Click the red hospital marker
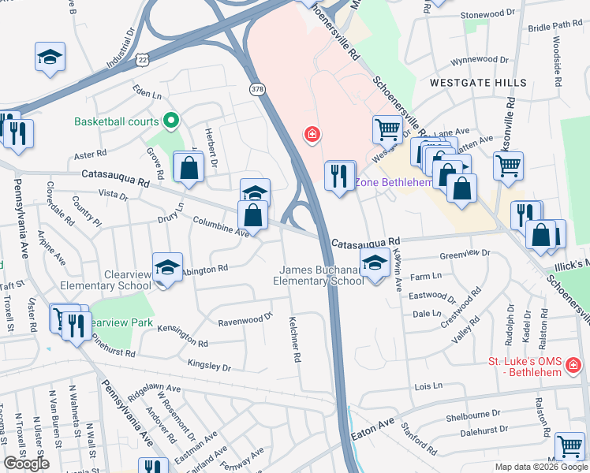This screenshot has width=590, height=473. (x=312, y=135)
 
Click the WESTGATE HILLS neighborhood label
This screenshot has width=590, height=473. (x=466, y=82)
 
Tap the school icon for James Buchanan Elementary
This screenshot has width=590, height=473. (x=375, y=265)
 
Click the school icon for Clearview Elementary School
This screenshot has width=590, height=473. (x=167, y=268)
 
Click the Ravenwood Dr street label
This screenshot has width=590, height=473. (x=245, y=318)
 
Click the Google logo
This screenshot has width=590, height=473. (x=26, y=464)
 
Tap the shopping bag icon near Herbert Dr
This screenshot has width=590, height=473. (x=190, y=167)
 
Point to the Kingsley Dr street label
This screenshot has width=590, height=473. (x=209, y=365)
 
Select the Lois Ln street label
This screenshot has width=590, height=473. (x=428, y=387)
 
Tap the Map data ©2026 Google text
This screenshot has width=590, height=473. (x=540, y=467)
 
